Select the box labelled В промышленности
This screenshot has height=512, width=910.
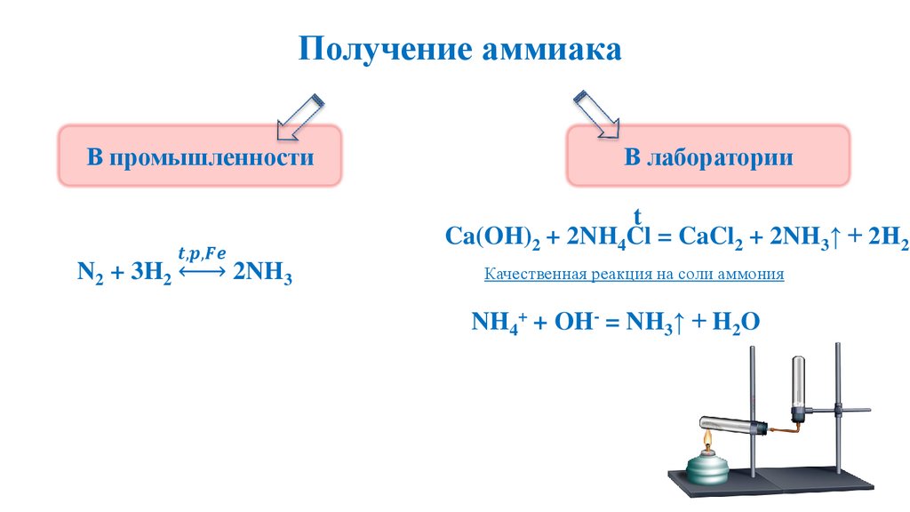[x=200, y=157]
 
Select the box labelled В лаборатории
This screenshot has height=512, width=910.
[x=708, y=157]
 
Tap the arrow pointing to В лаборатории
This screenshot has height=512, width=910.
[x=595, y=113]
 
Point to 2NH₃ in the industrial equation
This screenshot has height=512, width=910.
[x=262, y=272]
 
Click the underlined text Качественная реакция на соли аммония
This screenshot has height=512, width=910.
[x=634, y=275]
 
